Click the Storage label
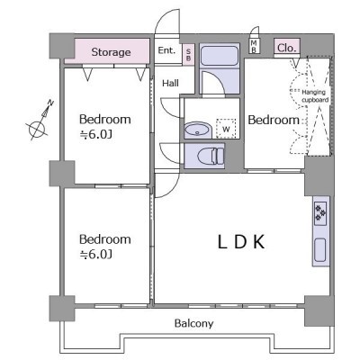click(111, 52)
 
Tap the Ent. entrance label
click(166, 50)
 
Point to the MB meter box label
click(254, 46)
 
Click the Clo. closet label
click(287, 48)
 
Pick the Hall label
click(170, 83)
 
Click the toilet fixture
click(211, 156)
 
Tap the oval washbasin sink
click(197, 130)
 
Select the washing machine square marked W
click(226, 129)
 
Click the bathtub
click(220, 56)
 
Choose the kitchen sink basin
click(320, 250)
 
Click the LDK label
click(241, 242)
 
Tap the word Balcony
click(194, 323)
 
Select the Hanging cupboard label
click(315, 96)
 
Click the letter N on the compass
click(50, 103)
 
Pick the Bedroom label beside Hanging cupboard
click(274, 120)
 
